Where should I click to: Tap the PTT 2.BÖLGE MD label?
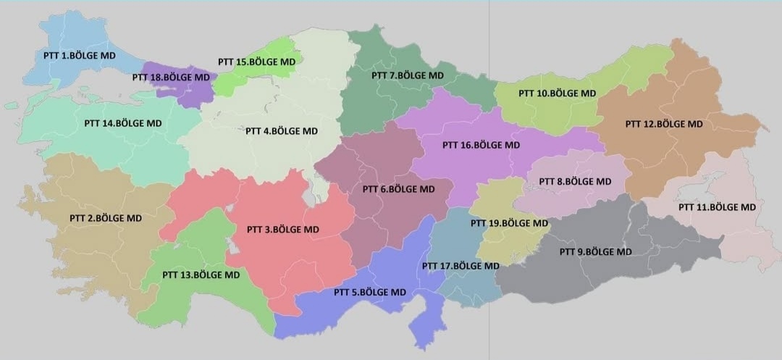pos(106,218)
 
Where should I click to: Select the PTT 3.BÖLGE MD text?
pos(282,230)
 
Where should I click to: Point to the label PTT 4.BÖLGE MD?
pos(282,131)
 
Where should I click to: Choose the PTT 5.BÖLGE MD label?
pos(369,293)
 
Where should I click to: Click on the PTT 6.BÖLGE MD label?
pos(398,189)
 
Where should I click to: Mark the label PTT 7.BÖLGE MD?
pos(408,75)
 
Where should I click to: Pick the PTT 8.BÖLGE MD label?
pos(575,181)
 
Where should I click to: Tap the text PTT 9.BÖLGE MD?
pos(595,252)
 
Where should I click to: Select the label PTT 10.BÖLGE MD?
pos(557,93)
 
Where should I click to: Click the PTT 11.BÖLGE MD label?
pos(717,207)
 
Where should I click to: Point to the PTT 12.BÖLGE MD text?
pos(664,124)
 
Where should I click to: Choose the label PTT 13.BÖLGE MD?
pos(201,275)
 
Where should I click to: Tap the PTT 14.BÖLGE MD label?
pos(123,123)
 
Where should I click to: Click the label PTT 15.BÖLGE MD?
pos(256,62)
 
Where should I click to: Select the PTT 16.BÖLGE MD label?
pos(481,145)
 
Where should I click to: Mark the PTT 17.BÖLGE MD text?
pos(461,267)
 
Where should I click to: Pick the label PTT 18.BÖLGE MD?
pos(171,77)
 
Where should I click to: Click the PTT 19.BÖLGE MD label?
pos(509,223)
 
